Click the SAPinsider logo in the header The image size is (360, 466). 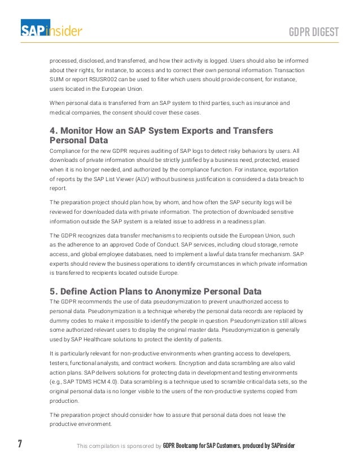pyautogui.click(x=51, y=29)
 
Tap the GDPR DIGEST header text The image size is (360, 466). pyautogui.click(x=314, y=31)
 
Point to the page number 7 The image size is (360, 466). pyautogui.click(x=20, y=444)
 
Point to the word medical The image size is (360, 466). pyautogui.click(x=60, y=113)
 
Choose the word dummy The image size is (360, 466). pyautogui.click(x=60, y=321)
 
